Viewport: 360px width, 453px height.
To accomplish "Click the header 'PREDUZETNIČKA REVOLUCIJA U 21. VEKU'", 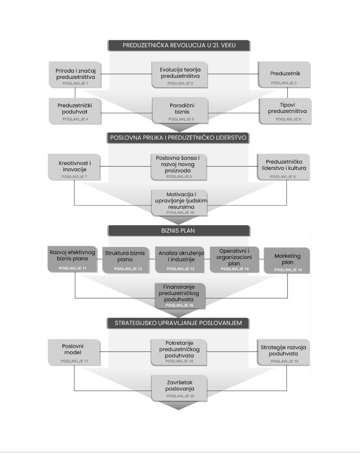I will tap(179, 46).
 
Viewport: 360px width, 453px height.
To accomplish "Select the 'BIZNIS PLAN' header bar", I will tap(179, 231).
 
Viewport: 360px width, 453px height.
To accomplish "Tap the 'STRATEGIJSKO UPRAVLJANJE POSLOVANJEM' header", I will tap(179, 323).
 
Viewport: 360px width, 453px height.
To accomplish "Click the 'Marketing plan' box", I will tap(287, 260).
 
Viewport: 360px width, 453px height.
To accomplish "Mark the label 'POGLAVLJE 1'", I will tap(75, 83).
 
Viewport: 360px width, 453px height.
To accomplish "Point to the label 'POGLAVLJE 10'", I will tap(180, 213).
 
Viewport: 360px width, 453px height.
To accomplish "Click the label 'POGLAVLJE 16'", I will tap(180, 305).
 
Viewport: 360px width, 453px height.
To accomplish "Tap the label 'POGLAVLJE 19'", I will tap(283, 361).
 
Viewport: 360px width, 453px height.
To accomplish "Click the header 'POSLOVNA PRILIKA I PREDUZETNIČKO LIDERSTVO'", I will tap(179, 138).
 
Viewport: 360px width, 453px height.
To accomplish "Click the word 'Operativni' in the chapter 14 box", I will tap(234, 251).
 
